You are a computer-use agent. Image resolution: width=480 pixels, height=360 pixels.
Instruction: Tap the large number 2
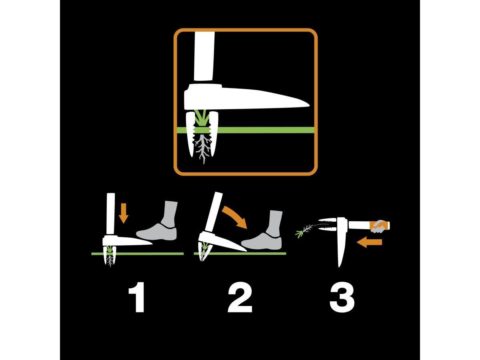point(240,297)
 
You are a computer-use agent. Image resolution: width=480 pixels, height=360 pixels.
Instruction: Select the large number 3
point(342,297)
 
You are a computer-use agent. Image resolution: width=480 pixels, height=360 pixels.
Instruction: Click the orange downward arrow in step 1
point(124,213)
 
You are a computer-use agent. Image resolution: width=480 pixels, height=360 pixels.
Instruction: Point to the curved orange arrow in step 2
point(235,216)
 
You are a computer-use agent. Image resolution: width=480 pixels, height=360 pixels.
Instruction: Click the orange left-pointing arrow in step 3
point(369,242)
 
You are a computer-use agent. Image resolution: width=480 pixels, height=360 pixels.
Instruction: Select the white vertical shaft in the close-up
point(204,56)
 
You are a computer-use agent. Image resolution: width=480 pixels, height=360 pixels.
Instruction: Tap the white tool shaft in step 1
point(111,214)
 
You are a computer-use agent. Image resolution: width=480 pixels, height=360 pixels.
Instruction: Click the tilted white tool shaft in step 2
point(212,212)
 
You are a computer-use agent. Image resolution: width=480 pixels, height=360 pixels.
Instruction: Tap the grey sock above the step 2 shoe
point(274,224)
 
